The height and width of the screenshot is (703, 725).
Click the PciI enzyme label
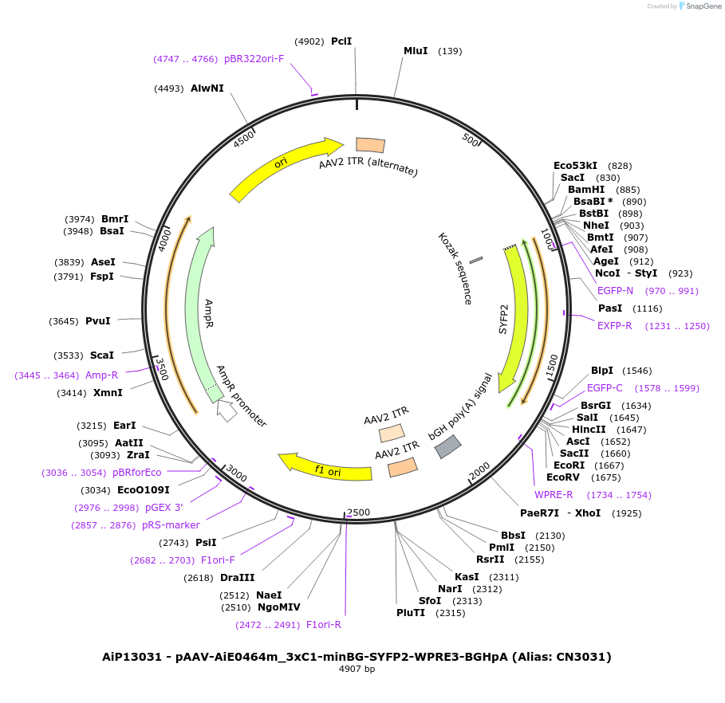[341, 41]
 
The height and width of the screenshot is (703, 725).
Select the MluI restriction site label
[416, 51]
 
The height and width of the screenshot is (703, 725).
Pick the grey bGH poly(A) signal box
[447, 446]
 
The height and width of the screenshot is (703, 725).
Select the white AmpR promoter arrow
[227, 411]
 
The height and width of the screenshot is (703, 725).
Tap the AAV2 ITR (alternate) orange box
[370, 144]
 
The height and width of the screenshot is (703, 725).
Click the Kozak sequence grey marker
[475, 260]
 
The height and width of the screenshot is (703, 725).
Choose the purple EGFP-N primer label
[615, 291]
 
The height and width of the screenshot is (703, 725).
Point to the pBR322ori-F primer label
[254, 59]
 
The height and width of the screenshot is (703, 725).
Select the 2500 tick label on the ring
[359, 512]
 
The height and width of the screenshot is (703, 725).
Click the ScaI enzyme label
[101, 355]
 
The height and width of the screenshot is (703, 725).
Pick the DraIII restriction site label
[238, 578]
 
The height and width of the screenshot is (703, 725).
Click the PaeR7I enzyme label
[539, 513]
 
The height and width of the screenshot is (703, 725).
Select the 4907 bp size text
[357, 670]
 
